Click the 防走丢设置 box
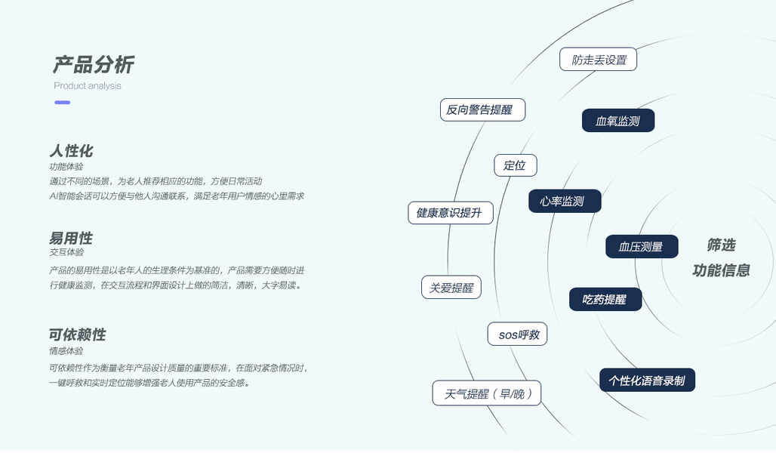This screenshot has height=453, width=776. click(x=599, y=60)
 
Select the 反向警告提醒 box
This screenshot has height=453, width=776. click(x=482, y=109)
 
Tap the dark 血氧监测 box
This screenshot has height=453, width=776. click(x=618, y=121)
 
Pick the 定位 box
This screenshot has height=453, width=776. click(x=516, y=165)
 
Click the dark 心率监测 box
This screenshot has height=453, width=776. click(x=565, y=202)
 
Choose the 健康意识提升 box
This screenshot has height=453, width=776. click(x=450, y=213)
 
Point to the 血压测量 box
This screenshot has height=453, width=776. click(x=642, y=247)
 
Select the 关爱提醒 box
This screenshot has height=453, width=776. click(x=451, y=288)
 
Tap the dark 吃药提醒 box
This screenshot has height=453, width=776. click(x=605, y=299)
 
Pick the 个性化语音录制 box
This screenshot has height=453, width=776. click(x=647, y=381)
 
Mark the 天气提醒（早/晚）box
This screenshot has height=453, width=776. click(x=487, y=393)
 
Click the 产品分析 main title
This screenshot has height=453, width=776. click(x=93, y=65)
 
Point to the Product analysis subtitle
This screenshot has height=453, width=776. click(x=88, y=86)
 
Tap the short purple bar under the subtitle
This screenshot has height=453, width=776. click(x=62, y=103)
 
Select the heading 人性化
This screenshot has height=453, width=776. click(x=71, y=150)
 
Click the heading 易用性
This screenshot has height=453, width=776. click(x=71, y=238)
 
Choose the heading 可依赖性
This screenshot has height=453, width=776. click(x=77, y=334)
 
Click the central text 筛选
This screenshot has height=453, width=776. click(x=721, y=245)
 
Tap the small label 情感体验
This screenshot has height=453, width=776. click(x=66, y=351)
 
